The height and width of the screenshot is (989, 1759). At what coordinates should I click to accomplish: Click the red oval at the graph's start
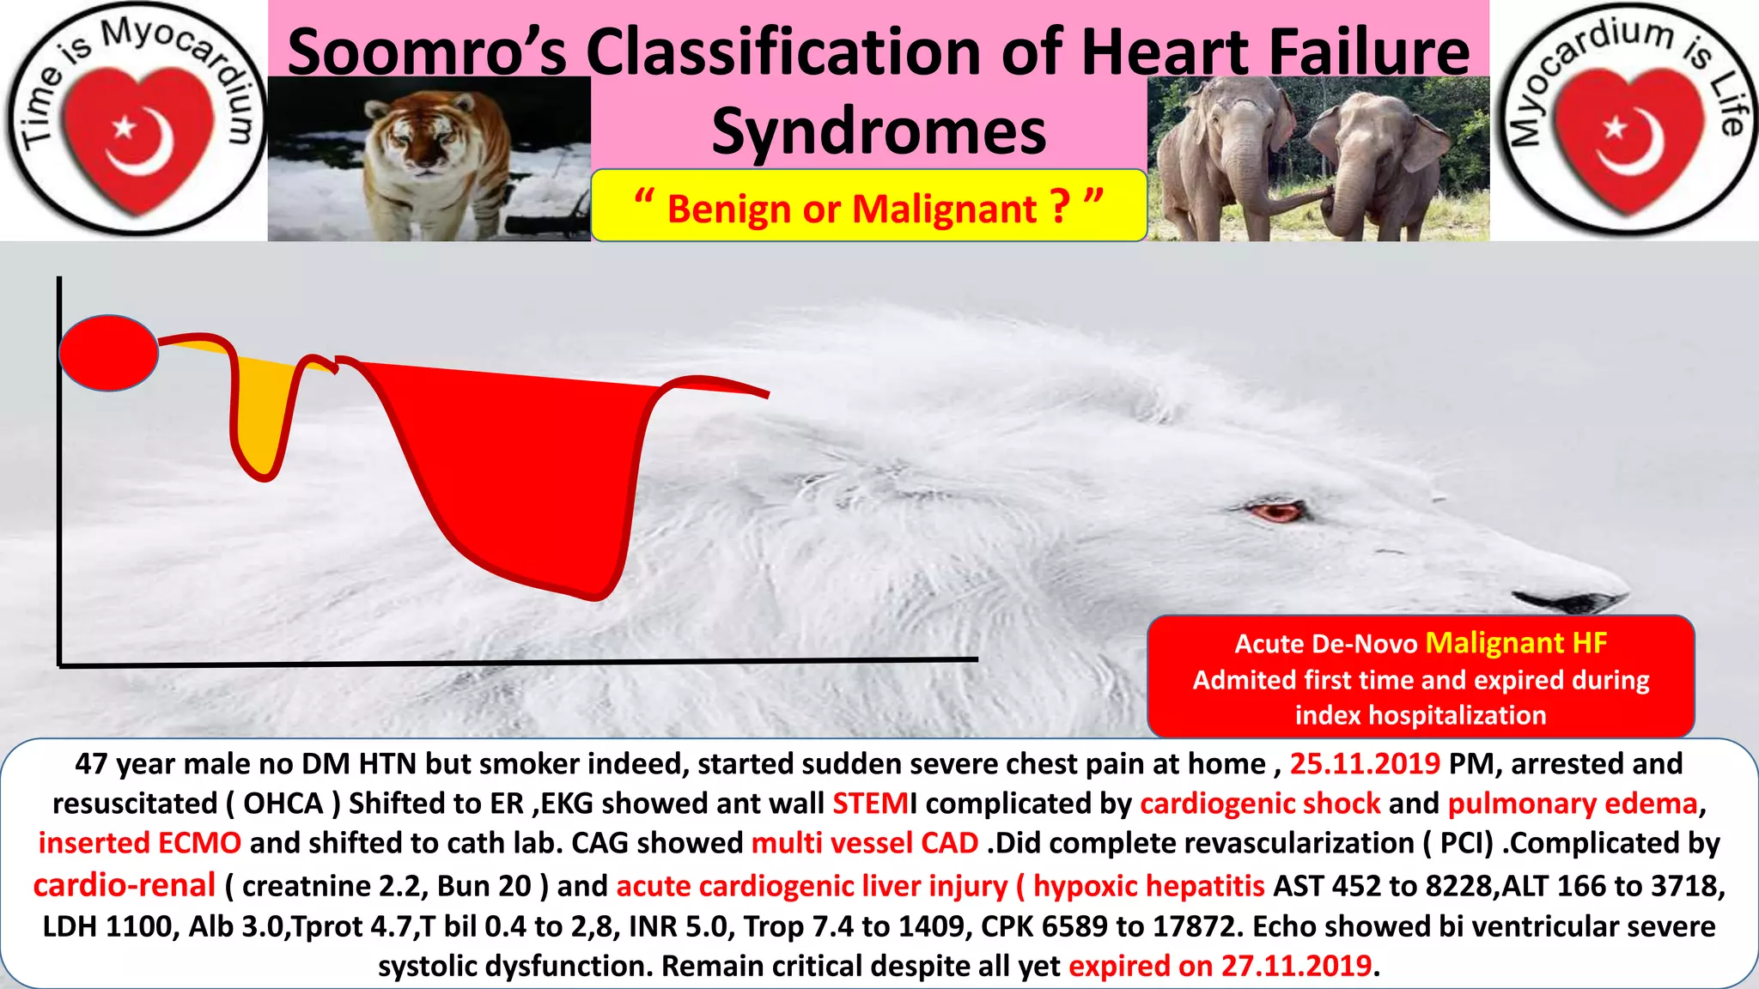109,353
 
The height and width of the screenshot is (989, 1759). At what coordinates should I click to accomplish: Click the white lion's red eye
1277,513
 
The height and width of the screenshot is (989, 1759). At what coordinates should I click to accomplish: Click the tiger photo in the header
429,159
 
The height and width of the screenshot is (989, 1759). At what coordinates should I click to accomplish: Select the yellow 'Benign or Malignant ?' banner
868,207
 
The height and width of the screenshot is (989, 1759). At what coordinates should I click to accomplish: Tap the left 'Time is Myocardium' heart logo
135,120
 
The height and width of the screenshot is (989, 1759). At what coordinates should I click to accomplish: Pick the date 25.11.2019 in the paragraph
1364,763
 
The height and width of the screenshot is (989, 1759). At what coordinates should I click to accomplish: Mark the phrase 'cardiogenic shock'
1259,804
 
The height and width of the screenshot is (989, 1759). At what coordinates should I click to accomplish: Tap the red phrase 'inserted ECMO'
139,843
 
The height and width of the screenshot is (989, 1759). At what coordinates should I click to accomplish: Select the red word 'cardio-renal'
125,885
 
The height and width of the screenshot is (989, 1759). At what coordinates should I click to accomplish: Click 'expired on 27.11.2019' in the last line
1220,966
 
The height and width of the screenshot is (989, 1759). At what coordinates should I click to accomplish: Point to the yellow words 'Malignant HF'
1516,643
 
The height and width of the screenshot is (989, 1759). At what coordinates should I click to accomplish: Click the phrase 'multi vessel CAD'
864,843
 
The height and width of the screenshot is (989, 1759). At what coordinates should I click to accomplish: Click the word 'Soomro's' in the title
427,52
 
